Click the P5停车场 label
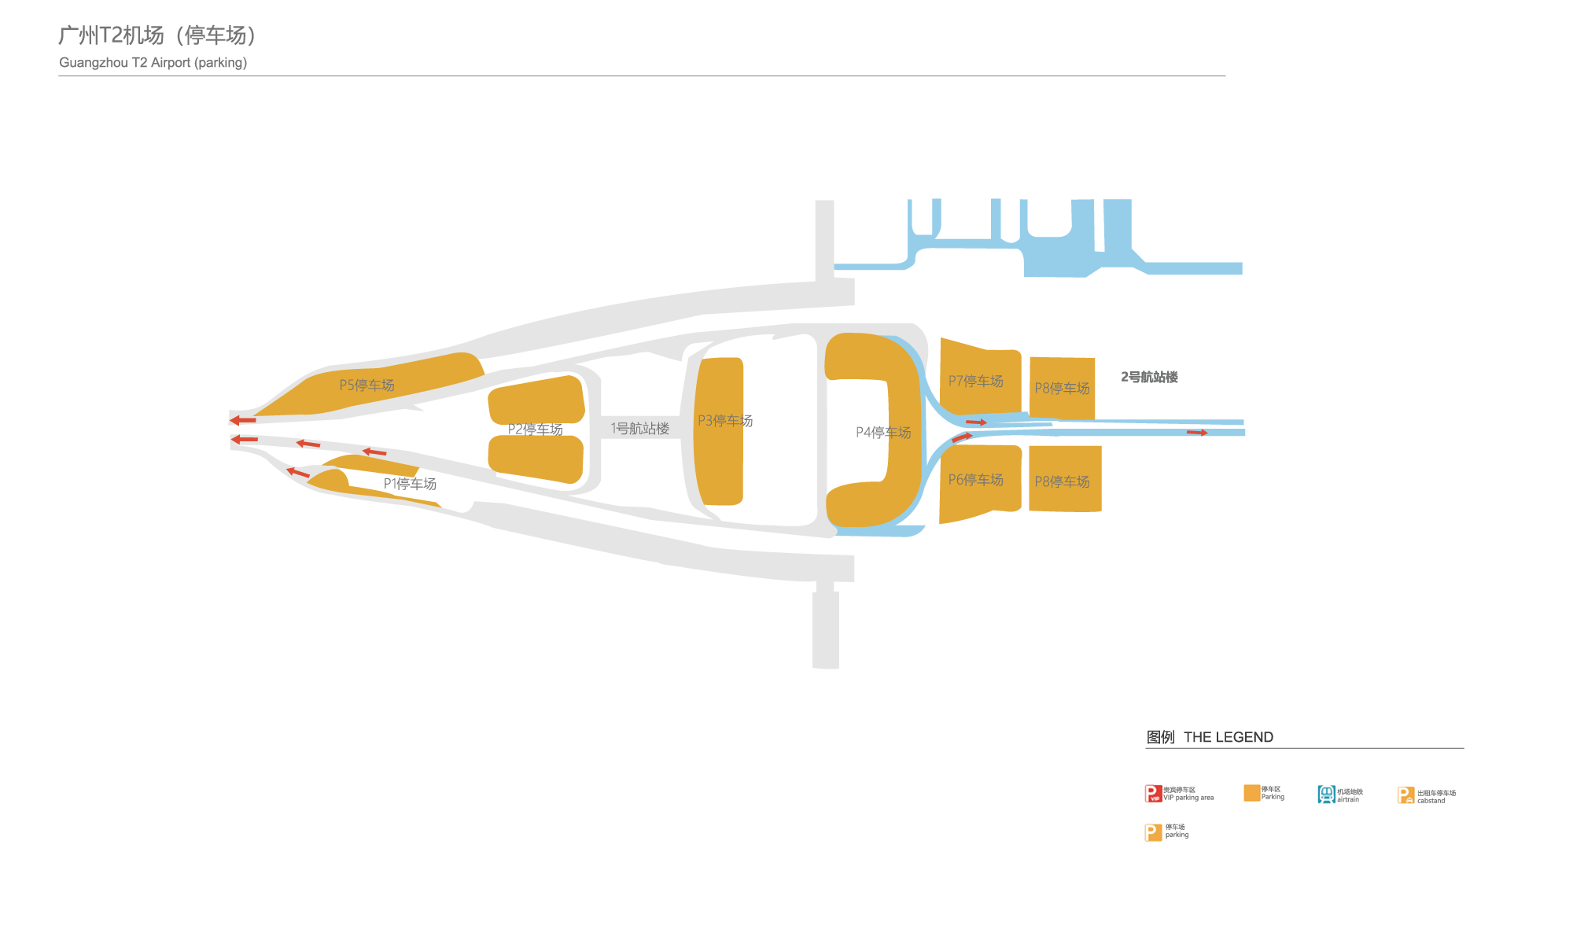(367, 385)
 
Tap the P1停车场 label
(410, 484)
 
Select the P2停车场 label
(535, 430)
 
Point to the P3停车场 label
(725, 421)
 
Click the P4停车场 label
(883, 433)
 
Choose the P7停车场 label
(975, 382)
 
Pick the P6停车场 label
(975, 480)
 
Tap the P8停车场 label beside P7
(1062, 389)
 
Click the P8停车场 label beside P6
(1062, 481)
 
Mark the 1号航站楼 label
(640, 429)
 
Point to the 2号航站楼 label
(1149, 378)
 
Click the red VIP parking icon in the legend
(1153, 794)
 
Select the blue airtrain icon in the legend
(1326, 795)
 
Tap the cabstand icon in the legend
(1405, 795)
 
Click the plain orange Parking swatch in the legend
(1251, 793)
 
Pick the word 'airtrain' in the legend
(1348, 800)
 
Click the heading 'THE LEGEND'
(1228, 737)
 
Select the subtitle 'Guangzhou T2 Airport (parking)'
(153, 63)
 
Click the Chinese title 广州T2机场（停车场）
(157, 35)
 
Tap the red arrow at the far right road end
(1196, 433)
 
